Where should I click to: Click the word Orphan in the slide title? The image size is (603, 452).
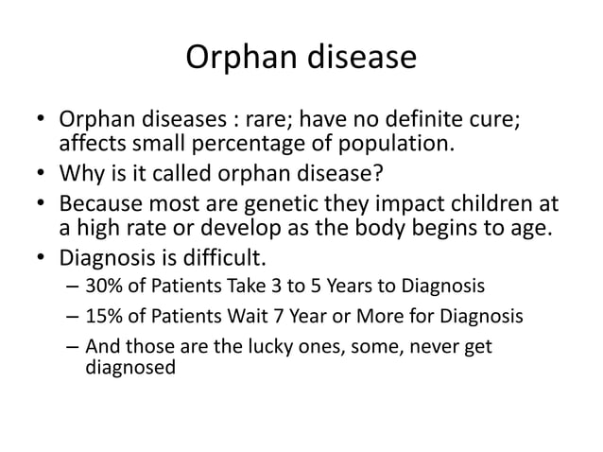233,59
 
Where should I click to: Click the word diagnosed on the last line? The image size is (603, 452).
129,368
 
